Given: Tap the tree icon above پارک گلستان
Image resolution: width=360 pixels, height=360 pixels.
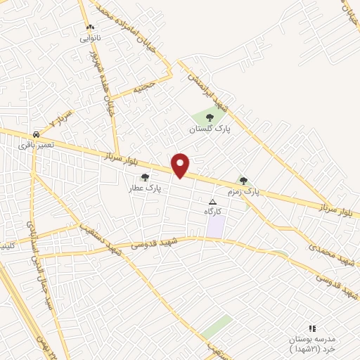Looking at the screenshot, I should click(x=209, y=117).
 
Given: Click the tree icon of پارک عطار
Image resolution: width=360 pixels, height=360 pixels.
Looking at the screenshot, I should click(x=145, y=177).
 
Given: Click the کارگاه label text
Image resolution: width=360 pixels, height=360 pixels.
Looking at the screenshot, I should click(x=213, y=211).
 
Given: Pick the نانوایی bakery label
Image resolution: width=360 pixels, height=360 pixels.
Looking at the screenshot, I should click(x=89, y=37).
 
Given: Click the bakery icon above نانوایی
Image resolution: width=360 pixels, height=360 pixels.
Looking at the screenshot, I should click(x=89, y=27).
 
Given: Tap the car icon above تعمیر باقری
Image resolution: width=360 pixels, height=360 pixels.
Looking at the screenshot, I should click(x=35, y=134).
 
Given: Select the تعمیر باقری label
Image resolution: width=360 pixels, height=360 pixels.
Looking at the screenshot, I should click(x=35, y=144).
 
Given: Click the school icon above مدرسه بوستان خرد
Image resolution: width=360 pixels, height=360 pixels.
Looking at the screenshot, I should click(x=313, y=328).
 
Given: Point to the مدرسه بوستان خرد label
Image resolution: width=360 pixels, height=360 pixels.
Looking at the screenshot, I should click(x=314, y=344).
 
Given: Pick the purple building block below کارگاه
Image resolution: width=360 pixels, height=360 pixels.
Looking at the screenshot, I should click(x=215, y=226).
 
